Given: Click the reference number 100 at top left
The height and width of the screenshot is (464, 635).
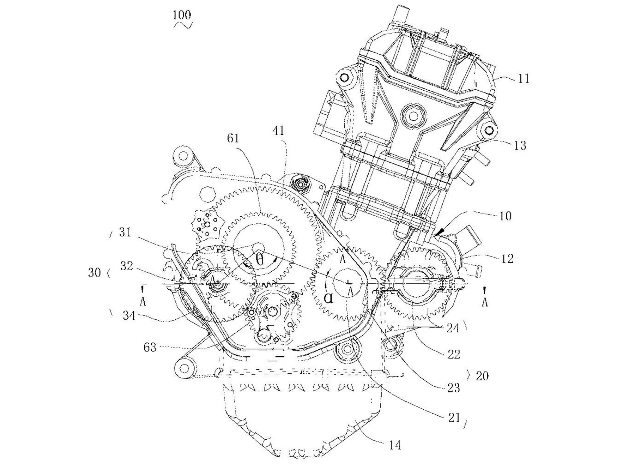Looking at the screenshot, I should click(x=182, y=15).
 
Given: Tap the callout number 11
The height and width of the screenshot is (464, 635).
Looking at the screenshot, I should click(x=524, y=78).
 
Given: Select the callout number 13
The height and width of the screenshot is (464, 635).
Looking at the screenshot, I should click(x=520, y=145).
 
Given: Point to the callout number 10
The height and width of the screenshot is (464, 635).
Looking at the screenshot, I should click(x=506, y=216).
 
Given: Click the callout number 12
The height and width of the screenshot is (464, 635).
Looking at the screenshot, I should click(x=507, y=259).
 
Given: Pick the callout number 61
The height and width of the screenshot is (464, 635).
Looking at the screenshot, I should click(x=233, y=138).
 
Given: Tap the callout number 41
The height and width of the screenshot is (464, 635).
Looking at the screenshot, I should click(x=278, y=131).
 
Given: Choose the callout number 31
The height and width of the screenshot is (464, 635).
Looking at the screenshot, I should click(x=125, y=233).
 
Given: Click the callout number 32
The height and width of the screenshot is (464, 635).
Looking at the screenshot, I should click(x=127, y=266).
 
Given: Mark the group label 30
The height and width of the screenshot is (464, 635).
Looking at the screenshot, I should click(x=95, y=273).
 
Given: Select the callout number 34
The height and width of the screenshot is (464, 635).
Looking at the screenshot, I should click(x=129, y=315).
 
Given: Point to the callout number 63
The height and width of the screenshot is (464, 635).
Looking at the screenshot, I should click(x=150, y=347).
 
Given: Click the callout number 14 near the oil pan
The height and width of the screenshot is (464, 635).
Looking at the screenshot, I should click(x=395, y=445).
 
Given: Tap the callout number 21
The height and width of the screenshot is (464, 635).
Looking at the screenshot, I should click(x=454, y=418).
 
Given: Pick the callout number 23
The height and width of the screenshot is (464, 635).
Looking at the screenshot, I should click(x=454, y=388).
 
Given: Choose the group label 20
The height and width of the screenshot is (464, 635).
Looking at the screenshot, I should click(x=482, y=376).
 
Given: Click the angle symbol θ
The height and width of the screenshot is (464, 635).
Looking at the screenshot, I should click(x=259, y=260).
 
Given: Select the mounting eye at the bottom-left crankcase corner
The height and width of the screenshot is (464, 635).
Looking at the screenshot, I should click(x=184, y=369).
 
